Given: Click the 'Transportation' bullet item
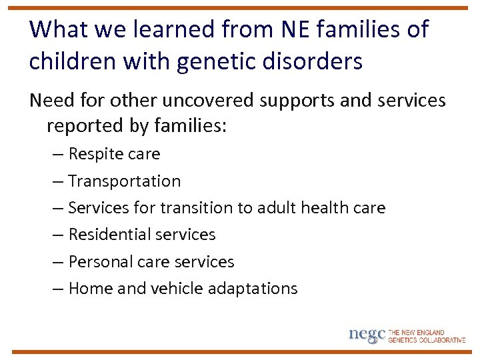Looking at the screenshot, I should [x=124, y=181].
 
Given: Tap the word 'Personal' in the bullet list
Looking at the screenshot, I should [x=100, y=262].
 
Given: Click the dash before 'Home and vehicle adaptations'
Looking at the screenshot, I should [x=59, y=289].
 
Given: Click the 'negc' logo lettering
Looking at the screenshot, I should [x=367, y=335].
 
